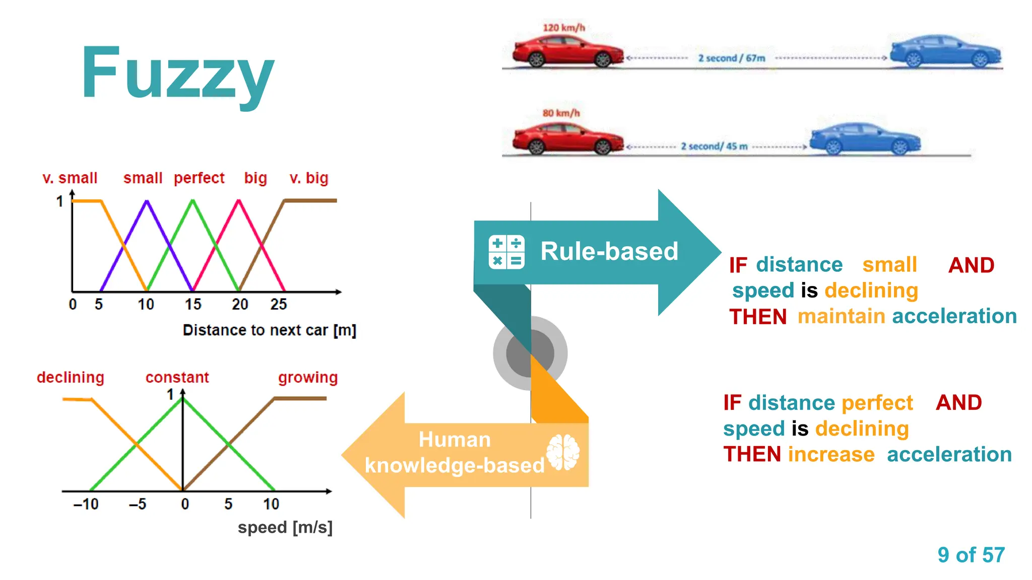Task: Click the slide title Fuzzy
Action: coord(177,73)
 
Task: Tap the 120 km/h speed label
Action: coord(563,28)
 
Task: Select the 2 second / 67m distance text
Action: coord(731,58)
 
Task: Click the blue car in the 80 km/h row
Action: coord(865,139)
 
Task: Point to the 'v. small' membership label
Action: coord(70,178)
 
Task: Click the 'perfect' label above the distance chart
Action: coord(199,178)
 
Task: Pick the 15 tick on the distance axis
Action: coord(192,304)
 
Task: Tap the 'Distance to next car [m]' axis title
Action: coord(269,330)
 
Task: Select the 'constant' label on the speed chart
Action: coord(177,378)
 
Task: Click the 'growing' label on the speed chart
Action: coord(308,378)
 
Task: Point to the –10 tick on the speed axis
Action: coord(86,504)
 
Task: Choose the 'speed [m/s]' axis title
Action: coord(285,528)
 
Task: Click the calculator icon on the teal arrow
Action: coord(506,252)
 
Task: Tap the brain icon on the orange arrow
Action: coord(563,452)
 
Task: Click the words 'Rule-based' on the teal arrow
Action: coord(609,251)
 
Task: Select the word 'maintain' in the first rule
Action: coord(841,317)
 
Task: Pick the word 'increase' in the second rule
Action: coord(831,455)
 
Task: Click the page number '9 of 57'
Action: coord(971,555)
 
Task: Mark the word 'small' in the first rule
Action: coord(889,265)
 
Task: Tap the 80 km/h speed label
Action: coord(561,113)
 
